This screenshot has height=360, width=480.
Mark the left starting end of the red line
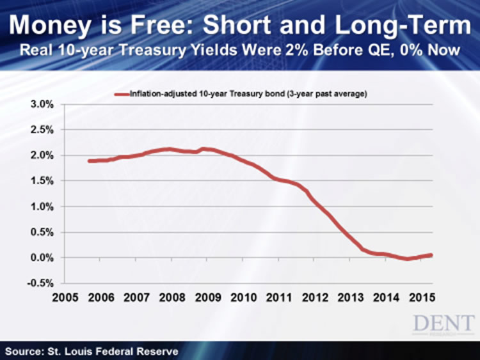(90, 161)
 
